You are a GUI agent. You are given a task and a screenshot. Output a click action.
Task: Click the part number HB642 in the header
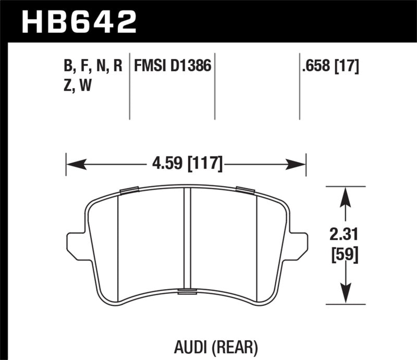78,22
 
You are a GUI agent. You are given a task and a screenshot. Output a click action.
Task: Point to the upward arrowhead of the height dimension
344,196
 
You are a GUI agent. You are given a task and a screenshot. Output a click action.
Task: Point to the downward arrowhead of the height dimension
344,293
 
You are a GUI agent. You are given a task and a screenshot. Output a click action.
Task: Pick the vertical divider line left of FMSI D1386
129,86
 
